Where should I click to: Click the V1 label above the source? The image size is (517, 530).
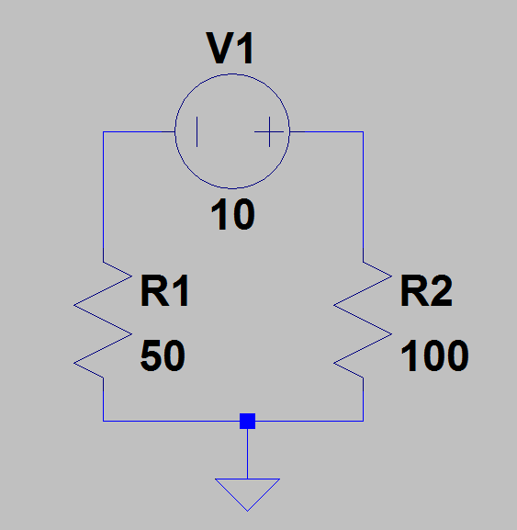point(230,48)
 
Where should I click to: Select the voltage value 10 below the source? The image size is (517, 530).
point(232,214)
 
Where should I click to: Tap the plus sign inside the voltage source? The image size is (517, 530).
point(269,132)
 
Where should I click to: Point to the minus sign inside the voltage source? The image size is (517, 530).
point(197,132)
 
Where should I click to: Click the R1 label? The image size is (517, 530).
point(164,290)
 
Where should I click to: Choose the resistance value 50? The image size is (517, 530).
point(163,355)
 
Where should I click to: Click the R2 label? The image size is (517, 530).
point(426,290)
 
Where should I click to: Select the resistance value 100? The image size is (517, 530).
point(434,355)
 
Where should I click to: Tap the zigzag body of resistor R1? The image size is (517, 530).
point(103,320)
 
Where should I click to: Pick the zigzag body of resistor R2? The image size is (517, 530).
point(364,320)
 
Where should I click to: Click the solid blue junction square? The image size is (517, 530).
point(247,421)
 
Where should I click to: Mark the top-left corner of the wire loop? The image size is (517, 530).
point(103,132)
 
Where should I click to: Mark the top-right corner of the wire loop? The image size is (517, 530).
point(364,132)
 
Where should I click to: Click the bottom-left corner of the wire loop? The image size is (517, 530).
point(103,421)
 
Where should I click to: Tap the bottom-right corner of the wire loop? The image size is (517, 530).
point(364,421)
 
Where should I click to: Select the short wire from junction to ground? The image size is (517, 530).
point(247,454)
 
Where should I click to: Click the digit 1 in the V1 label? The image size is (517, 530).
point(246,48)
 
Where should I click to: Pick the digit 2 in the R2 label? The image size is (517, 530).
point(441,290)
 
